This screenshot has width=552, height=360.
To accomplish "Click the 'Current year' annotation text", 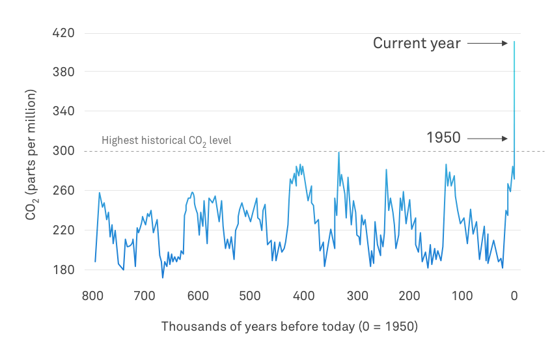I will tap(417, 44).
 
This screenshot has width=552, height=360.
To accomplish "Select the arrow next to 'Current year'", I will tap(487, 44).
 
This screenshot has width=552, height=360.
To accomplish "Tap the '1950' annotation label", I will tap(443, 138).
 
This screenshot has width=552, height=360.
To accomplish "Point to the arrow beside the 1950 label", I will tap(487, 138).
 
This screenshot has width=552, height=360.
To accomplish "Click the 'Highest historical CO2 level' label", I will tap(166, 140).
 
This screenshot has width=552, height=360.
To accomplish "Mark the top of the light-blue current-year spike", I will tap(514, 42).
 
